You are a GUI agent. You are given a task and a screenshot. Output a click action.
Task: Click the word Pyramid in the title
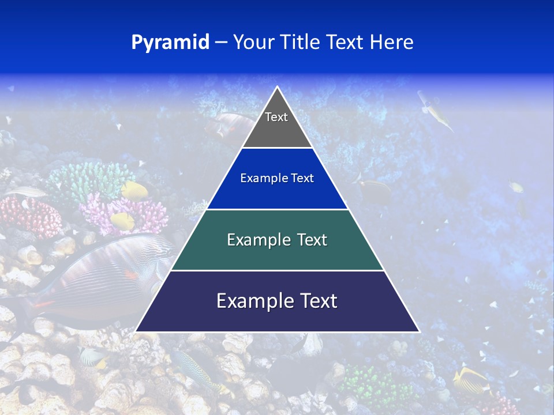click(170, 43)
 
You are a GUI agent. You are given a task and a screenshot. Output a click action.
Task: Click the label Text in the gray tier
click(276, 118)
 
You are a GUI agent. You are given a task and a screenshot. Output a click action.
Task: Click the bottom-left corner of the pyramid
click(136, 331)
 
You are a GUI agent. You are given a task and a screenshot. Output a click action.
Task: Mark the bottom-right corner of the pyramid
click(419, 331)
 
